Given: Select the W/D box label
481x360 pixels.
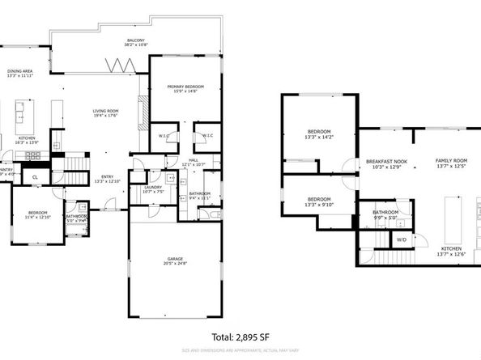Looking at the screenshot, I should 401,239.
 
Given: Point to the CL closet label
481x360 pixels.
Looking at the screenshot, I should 35,176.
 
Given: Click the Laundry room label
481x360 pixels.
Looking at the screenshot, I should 153,190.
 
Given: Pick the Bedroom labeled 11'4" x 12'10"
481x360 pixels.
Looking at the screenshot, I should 37,214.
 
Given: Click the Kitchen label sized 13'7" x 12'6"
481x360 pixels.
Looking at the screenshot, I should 452,251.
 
